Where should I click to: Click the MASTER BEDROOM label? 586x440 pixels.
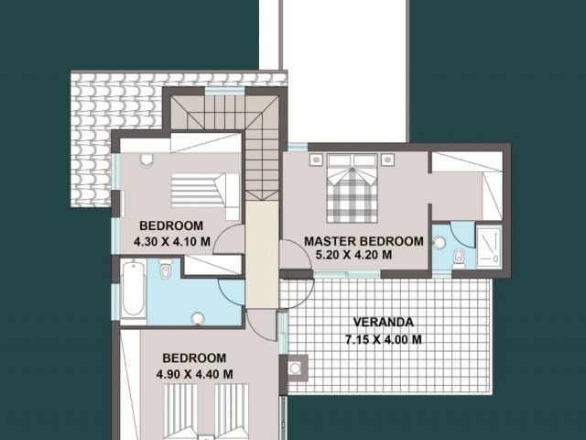pos(364,241)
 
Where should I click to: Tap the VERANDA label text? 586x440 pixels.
pos(384,322)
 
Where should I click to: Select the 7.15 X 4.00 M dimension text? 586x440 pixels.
pos(384,340)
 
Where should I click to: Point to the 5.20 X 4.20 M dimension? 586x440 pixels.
pos(354,255)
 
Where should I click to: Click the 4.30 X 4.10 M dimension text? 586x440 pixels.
pos(172,242)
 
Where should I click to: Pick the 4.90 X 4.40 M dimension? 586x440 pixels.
pos(195,374)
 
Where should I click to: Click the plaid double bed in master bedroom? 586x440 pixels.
pos(352,189)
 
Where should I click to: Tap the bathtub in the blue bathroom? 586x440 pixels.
pos(134,289)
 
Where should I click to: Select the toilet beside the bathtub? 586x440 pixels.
pos(165,269)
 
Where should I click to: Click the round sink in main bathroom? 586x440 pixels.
pos(198,319)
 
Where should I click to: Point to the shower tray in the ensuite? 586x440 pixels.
pos(489,247)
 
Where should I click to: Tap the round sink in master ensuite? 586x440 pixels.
pos(439,242)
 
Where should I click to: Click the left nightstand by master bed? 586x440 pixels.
pos(316,159)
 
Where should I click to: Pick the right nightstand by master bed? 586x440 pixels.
pos(387,159)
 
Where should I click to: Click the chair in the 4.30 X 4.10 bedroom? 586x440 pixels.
pos(146,159)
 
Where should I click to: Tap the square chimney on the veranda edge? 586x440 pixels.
pos(295,368)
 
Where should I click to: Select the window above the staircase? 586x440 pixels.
pos(225,92)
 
